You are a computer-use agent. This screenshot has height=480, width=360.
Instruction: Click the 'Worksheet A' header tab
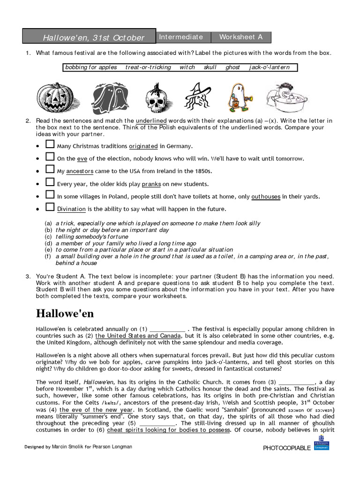pyautogui.click(x=241, y=37)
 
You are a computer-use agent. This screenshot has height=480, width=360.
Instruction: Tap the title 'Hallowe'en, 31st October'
pyautogui.click(x=94, y=37)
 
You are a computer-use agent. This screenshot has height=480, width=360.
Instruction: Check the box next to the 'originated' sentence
pyautogui.click(x=50, y=145)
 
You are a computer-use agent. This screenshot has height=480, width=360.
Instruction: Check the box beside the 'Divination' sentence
pyautogui.click(x=50, y=208)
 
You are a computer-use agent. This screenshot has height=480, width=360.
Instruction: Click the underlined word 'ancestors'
pyautogui.click(x=80, y=172)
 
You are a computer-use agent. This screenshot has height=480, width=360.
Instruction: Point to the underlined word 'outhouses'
pyautogui.click(x=266, y=196)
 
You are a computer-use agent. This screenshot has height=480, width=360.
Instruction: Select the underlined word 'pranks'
pyautogui.click(x=151, y=184)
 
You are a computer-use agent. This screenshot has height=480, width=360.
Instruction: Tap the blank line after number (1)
pyautogui.click(x=167, y=329)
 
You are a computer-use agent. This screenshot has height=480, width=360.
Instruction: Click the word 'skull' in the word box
pyautogui.click(x=210, y=67)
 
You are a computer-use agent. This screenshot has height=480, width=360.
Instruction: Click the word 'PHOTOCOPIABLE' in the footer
pyautogui.click(x=287, y=448)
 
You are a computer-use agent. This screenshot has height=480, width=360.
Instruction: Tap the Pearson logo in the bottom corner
pyautogui.click(x=322, y=446)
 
